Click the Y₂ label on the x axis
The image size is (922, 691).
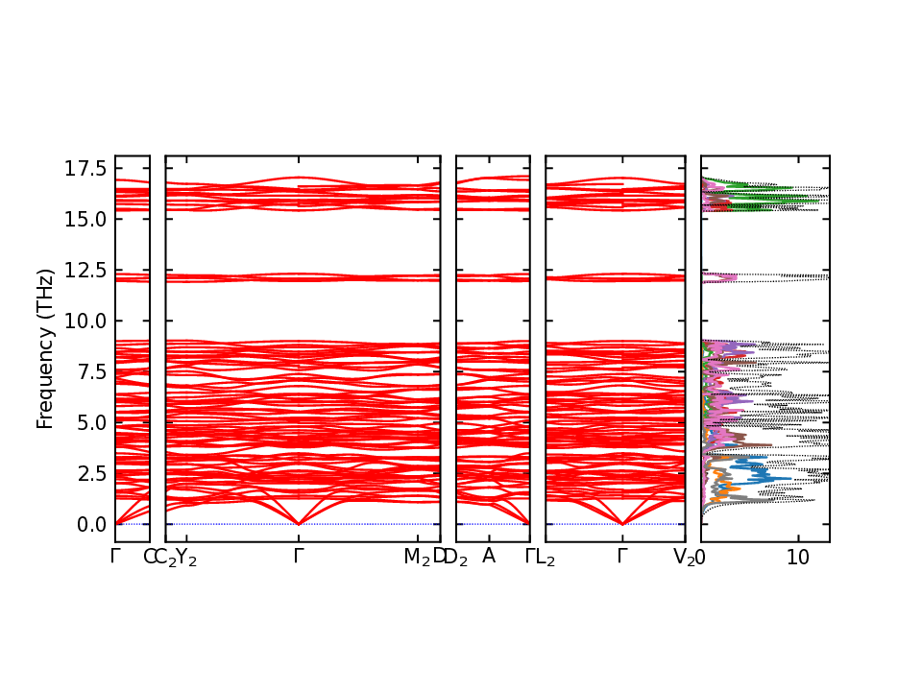pos(187,558)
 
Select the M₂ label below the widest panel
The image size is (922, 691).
pos(416,558)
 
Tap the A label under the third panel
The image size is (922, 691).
pos(489,556)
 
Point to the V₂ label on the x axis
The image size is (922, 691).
pos(684,558)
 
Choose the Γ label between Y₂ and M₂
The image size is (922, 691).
pos(299,556)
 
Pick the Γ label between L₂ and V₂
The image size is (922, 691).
pos(622,556)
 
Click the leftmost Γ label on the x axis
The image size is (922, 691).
pos(115,556)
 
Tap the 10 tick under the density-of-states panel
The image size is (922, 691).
pos(797,558)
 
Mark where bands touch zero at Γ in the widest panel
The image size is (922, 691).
pos(299,523)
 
